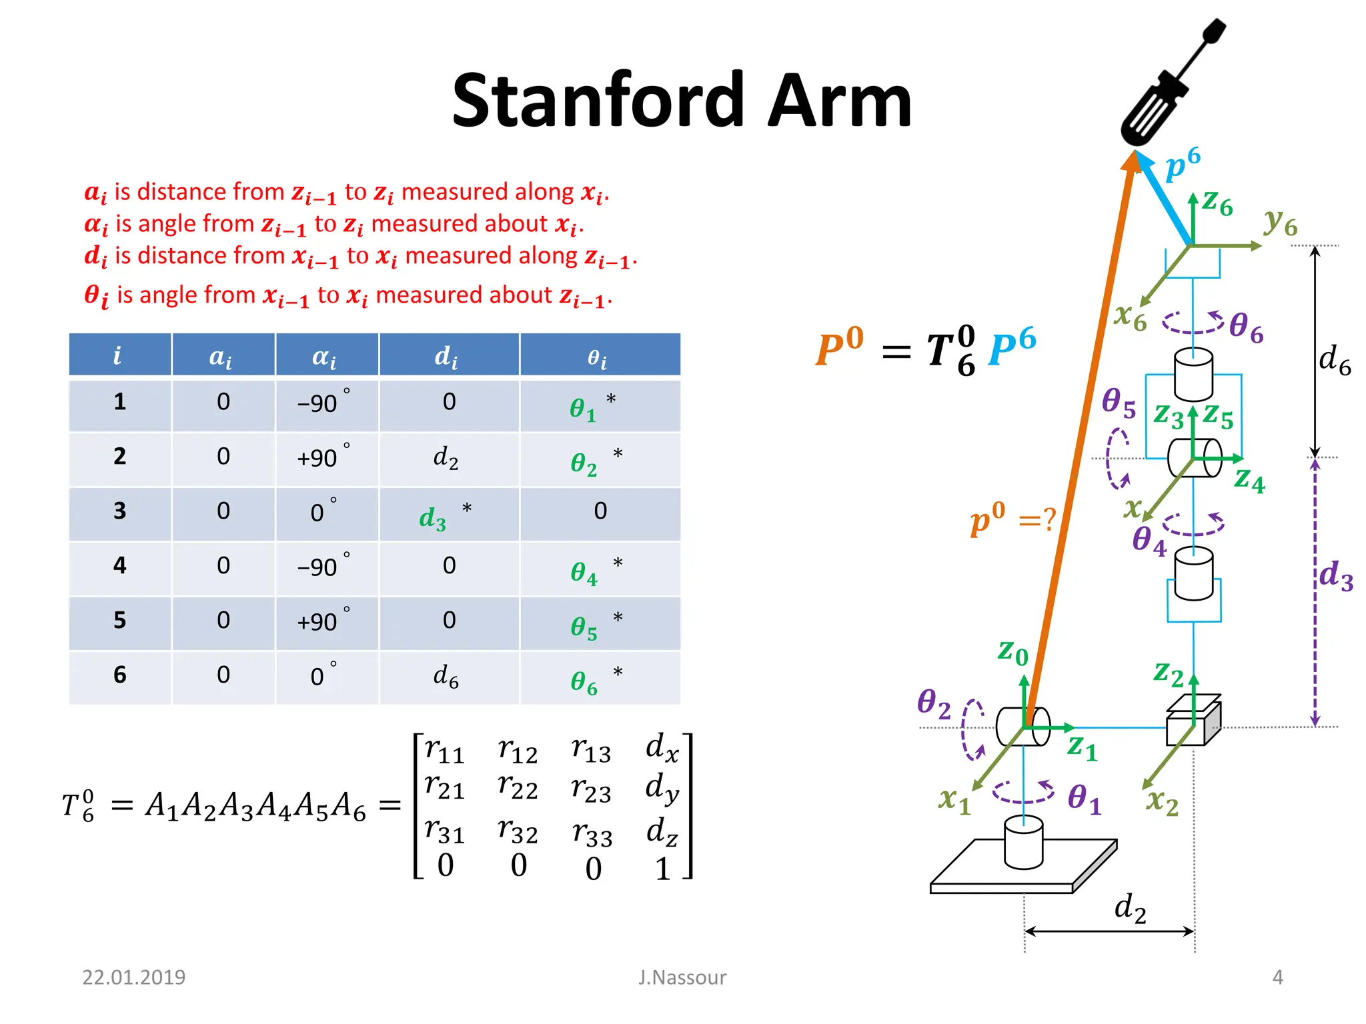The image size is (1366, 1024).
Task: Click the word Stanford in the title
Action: click(x=598, y=101)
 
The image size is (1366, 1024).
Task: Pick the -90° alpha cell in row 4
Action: click(x=323, y=567)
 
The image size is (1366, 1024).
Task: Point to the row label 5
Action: click(x=119, y=621)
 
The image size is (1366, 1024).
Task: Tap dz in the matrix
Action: click(x=662, y=832)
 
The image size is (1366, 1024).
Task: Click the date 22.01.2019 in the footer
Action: click(x=133, y=977)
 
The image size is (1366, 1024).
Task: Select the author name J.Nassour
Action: click(x=682, y=977)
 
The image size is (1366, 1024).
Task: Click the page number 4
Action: click(x=1277, y=977)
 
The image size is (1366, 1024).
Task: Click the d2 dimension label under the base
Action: click(x=1130, y=908)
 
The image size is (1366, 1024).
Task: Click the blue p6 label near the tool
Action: click(x=1182, y=163)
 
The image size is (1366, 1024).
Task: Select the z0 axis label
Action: click(x=1012, y=651)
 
